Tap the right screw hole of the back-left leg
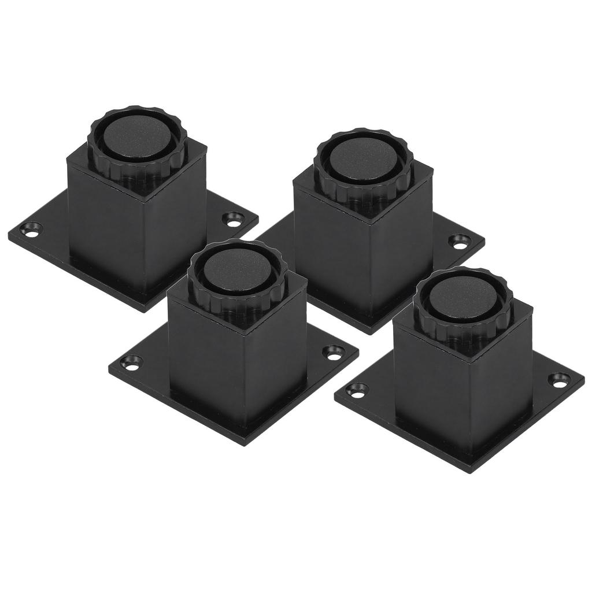tap(234, 219)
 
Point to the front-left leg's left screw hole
tap(132, 364)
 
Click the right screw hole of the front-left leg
tap(334, 352)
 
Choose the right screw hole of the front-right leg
tap(560, 380)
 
